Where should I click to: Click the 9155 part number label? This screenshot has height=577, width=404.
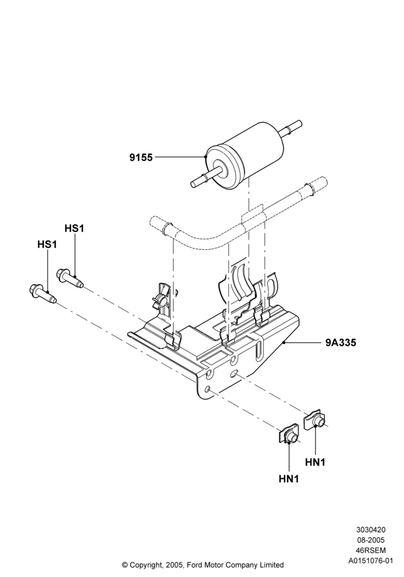[x=141, y=158]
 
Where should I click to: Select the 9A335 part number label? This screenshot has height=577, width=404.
[x=341, y=343]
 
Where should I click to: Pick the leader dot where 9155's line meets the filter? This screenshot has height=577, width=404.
[x=205, y=157]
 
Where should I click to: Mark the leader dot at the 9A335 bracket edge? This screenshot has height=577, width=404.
[x=284, y=343]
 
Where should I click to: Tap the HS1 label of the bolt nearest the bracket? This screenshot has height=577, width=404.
[x=74, y=228]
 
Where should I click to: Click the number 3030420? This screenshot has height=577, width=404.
[x=371, y=530]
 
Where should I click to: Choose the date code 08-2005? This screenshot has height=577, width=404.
[x=371, y=540]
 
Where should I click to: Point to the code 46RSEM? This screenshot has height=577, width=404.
[x=371, y=550]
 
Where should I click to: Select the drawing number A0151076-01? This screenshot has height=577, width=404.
[x=371, y=561]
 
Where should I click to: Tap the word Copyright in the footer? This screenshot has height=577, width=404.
[x=146, y=565]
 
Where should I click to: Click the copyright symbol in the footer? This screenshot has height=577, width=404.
[x=125, y=565]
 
